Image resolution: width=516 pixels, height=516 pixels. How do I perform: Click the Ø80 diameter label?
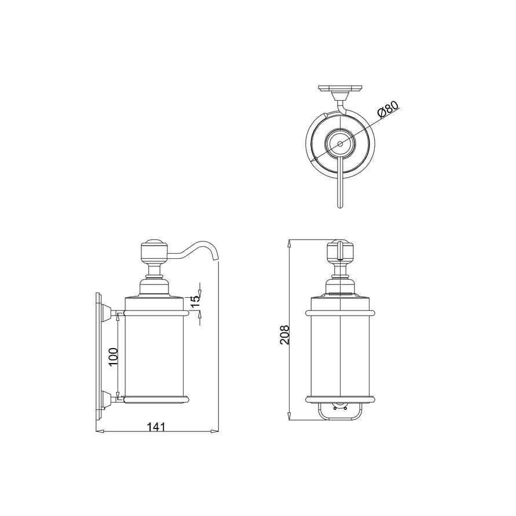coord(387,109)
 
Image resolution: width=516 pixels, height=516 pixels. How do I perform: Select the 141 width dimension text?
coord(156,426)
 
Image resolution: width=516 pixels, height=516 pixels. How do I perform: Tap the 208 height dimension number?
coord(284,335)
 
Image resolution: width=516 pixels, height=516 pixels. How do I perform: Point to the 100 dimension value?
coord(114,357)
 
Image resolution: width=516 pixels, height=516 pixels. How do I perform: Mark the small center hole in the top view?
coord(340,142)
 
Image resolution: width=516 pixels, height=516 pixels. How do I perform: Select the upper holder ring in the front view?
coord(341,313)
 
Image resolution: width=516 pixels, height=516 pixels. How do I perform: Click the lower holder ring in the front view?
coord(341,398)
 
